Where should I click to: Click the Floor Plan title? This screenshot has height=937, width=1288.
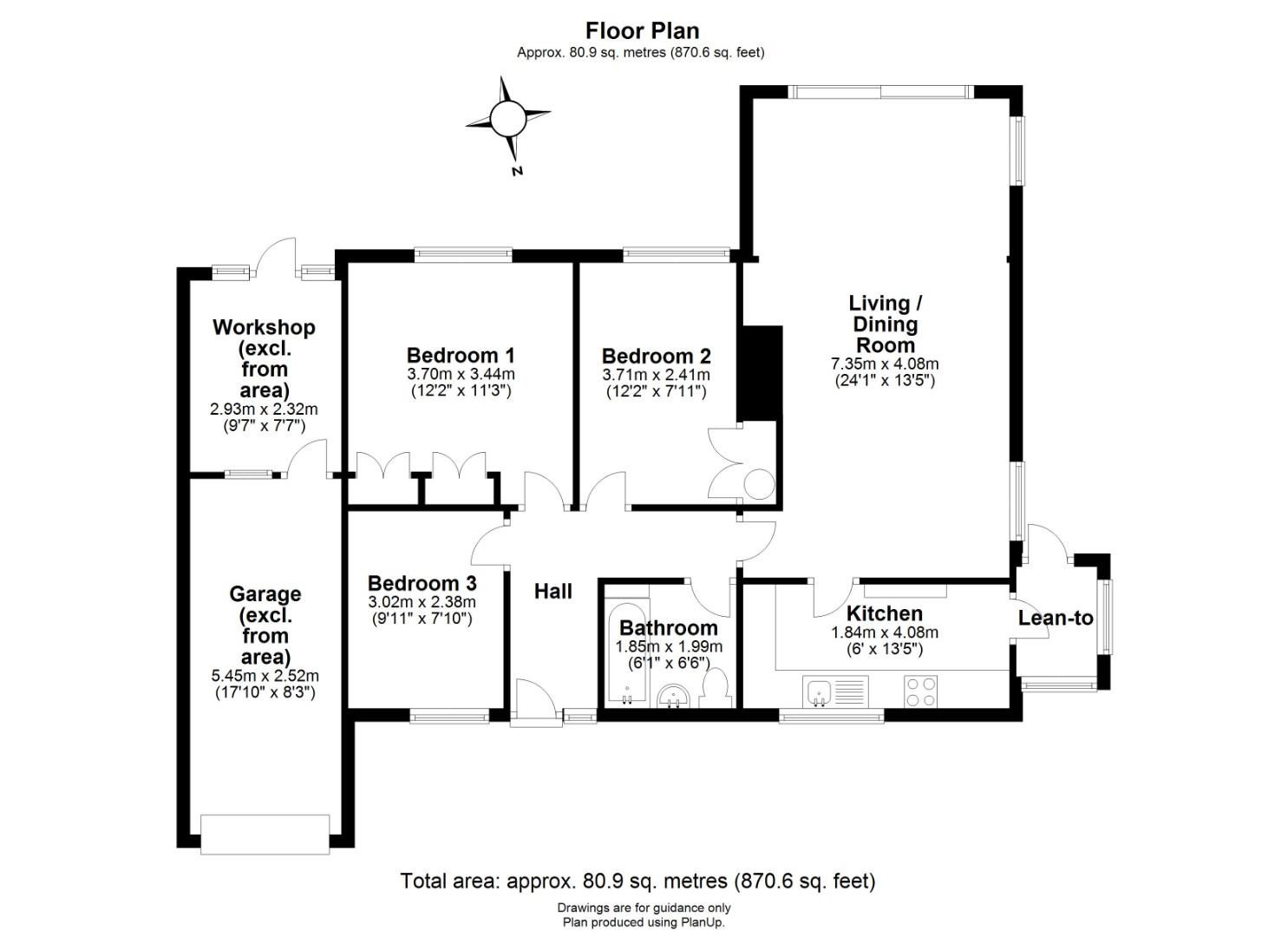[x=642, y=30]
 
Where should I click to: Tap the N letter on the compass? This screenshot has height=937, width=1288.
[x=517, y=171]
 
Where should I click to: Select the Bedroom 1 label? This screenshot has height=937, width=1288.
[x=461, y=355]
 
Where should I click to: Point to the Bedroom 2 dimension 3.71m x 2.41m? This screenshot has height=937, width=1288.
[x=656, y=375]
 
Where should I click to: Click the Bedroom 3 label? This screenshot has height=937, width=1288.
[x=422, y=583]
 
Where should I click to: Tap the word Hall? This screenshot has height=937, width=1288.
[x=553, y=592]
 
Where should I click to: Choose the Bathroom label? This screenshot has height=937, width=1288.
[x=668, y=627]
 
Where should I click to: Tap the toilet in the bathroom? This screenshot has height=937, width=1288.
[x=716, y=688]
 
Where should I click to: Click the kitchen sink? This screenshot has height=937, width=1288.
[x=835, y=691]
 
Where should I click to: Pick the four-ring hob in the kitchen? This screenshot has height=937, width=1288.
[x=920, y=691]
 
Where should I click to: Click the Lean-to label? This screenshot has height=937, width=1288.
[x=1056, y=619]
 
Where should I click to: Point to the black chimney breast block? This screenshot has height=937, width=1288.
[x=759, y=373]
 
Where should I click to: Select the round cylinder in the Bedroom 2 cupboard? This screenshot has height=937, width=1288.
[x=760, y=484]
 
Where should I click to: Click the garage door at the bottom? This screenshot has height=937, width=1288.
[x=265, y=834]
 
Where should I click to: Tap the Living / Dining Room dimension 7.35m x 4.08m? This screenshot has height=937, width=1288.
[x=885, y=364]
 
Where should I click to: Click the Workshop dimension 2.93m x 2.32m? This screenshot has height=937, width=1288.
[x=264, y=410]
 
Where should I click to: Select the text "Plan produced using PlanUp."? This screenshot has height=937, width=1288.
[x=644, y=922]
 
